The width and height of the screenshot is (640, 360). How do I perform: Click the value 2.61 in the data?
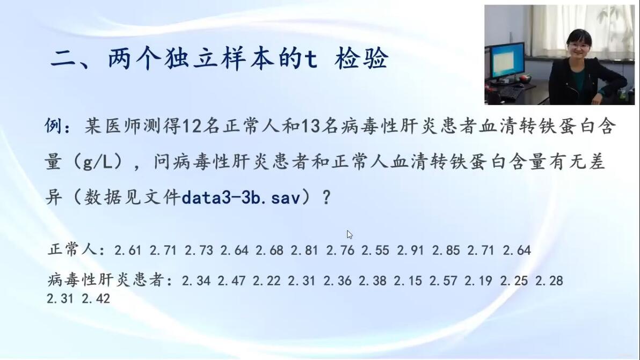click(128, 250)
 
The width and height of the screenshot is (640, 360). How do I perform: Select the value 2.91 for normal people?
click(410, 250)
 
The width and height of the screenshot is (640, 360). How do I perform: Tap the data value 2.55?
click(375, 250)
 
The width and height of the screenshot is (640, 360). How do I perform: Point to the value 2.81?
click(304, 250)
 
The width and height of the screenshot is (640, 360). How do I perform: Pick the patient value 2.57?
click(443, 281)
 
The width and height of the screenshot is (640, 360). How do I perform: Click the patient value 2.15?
click(408, 281)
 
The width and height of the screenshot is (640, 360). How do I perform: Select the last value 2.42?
click(96, 298)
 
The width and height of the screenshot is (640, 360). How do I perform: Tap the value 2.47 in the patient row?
click(231, 281)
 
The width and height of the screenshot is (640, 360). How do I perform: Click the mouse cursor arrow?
click(350, 234)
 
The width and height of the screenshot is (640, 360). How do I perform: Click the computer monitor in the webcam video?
click(507, 61)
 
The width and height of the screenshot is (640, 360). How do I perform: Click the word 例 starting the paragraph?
click(53, 127)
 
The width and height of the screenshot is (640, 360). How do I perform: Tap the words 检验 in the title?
click(361, 59)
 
